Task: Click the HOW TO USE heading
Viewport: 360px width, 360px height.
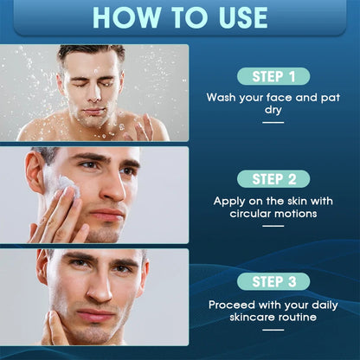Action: (180, 16)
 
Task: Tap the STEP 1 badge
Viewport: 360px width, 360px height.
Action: (273, 76)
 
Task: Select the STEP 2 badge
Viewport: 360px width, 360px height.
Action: (273, 179)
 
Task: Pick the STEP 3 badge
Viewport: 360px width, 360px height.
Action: (273, 281)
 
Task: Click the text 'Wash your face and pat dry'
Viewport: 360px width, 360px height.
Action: (273, 105)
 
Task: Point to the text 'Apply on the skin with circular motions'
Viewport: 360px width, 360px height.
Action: (273, 207)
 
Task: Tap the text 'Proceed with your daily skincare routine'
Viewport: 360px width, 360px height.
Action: (273, 311)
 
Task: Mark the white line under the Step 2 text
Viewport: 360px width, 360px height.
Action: (273, 226)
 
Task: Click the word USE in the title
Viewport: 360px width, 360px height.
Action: (235, 16)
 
